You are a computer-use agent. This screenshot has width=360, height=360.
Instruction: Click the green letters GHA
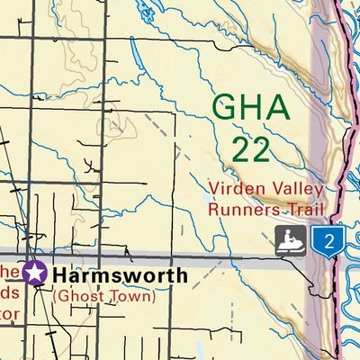tap(252, 107)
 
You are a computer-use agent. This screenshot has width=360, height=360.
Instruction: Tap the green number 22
tap(250, 148)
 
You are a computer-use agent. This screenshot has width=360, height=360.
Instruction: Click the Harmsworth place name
tap(120, 274)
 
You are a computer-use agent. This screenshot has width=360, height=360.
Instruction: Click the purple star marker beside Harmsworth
tap(35, 272)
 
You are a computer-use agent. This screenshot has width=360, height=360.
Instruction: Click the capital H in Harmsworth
tap(61, 274)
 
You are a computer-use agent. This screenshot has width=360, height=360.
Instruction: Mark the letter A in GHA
tap(278, 107)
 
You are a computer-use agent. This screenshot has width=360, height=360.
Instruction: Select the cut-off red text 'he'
tap(8, 271)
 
